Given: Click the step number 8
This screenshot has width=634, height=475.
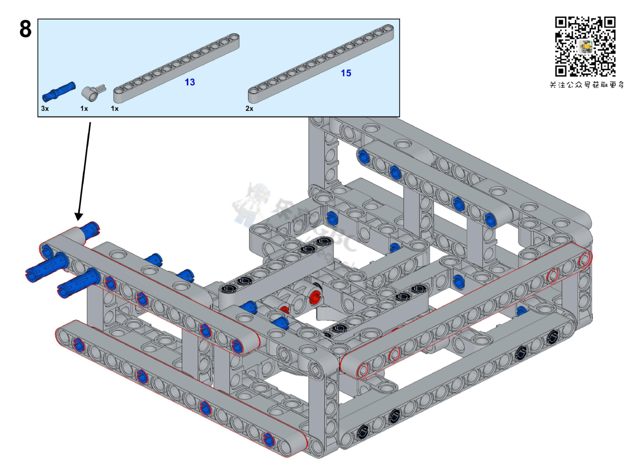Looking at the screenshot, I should point(25,30).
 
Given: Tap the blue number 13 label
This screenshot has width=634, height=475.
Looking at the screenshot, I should point(190,82).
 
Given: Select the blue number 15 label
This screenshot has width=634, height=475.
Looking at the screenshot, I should point(346,73).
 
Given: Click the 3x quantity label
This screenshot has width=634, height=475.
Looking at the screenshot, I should point(45,108).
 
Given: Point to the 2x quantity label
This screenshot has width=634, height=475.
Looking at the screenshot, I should point(249,108).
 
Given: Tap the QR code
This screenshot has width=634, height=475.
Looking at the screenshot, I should point(585,47).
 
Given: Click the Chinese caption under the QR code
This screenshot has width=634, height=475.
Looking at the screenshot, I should point(586,85).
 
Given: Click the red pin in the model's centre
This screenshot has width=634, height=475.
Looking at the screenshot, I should point(315,296).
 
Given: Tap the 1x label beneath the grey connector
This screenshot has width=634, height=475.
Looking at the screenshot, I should point(84,108).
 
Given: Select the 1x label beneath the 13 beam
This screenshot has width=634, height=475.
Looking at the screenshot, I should point(115,108).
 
